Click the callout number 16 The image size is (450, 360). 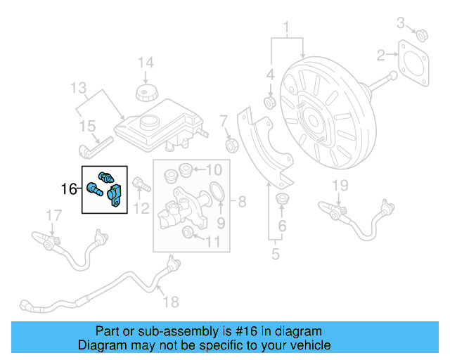pyautogui.click(x=68, y=188)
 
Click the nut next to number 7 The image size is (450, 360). pyautogui.click(x=229, y=146)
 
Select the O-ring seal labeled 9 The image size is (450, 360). pyautogui.click(x=218, y=192)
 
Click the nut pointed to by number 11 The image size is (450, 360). pyautogui.click(x=188, y=233)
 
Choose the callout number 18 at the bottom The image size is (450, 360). pyautogui.click(x=171, y=302)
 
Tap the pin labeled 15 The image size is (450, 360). pyautogui.click(x=91, y=150)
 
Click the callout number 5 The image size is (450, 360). pyautogui.click(x=276, y=252)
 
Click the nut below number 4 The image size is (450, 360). pyautogui.click(x=269, y=104)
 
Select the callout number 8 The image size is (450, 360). pyautogui.click(x=241, y=202)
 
